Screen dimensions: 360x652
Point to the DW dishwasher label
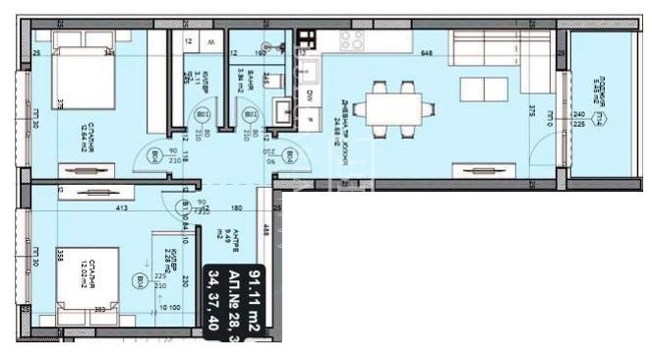coord(309,95)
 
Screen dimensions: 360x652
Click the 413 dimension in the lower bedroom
coord(96,210)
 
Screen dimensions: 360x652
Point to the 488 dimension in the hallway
coord(267,231)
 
